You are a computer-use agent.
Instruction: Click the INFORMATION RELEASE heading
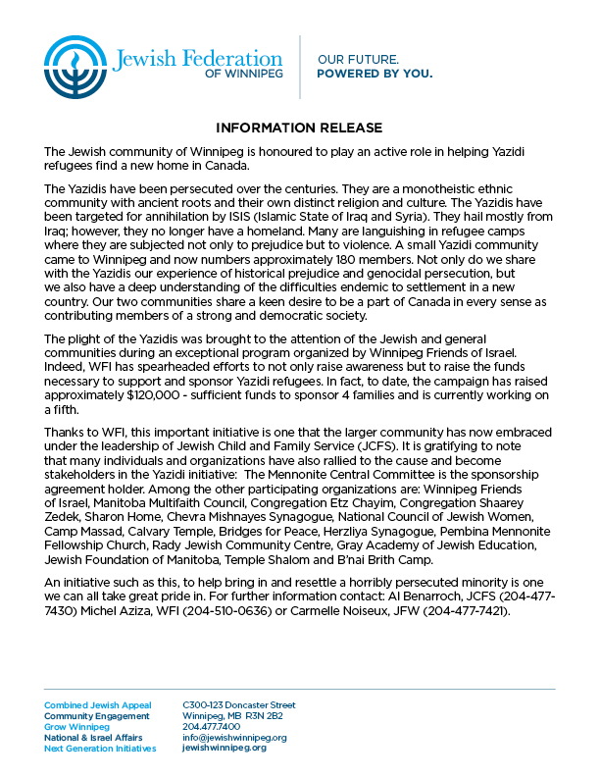299,129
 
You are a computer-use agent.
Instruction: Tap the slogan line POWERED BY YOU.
375,74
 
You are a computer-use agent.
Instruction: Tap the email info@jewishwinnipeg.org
234,737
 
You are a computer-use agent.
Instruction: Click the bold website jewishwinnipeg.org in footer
225,748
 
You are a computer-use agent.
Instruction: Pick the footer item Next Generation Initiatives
100,749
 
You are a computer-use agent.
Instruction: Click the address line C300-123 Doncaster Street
239,705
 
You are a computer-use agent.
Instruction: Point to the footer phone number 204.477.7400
212,727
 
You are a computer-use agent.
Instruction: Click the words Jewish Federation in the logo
197,59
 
